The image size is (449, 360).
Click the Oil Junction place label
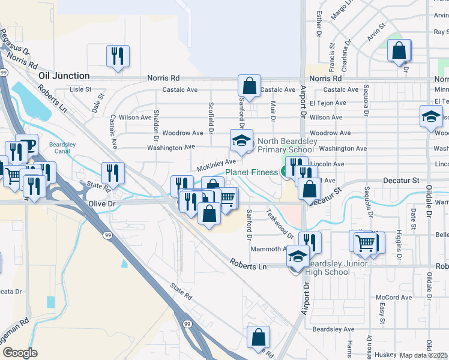coord(64,76)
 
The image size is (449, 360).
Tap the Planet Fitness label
coord(252,172)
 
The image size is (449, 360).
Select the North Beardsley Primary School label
coord(287,146)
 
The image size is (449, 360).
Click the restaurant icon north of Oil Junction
coord(117,56)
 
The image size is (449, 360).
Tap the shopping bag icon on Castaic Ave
coord(249,86)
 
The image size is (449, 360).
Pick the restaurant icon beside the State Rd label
coord(113,173)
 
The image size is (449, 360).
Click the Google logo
coord(20,353)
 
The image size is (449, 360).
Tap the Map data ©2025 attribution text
coord(424,355)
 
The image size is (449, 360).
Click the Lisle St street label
coord(80,89)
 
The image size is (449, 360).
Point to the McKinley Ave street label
coord(213,164)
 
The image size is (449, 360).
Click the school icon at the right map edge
coord(430,116)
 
